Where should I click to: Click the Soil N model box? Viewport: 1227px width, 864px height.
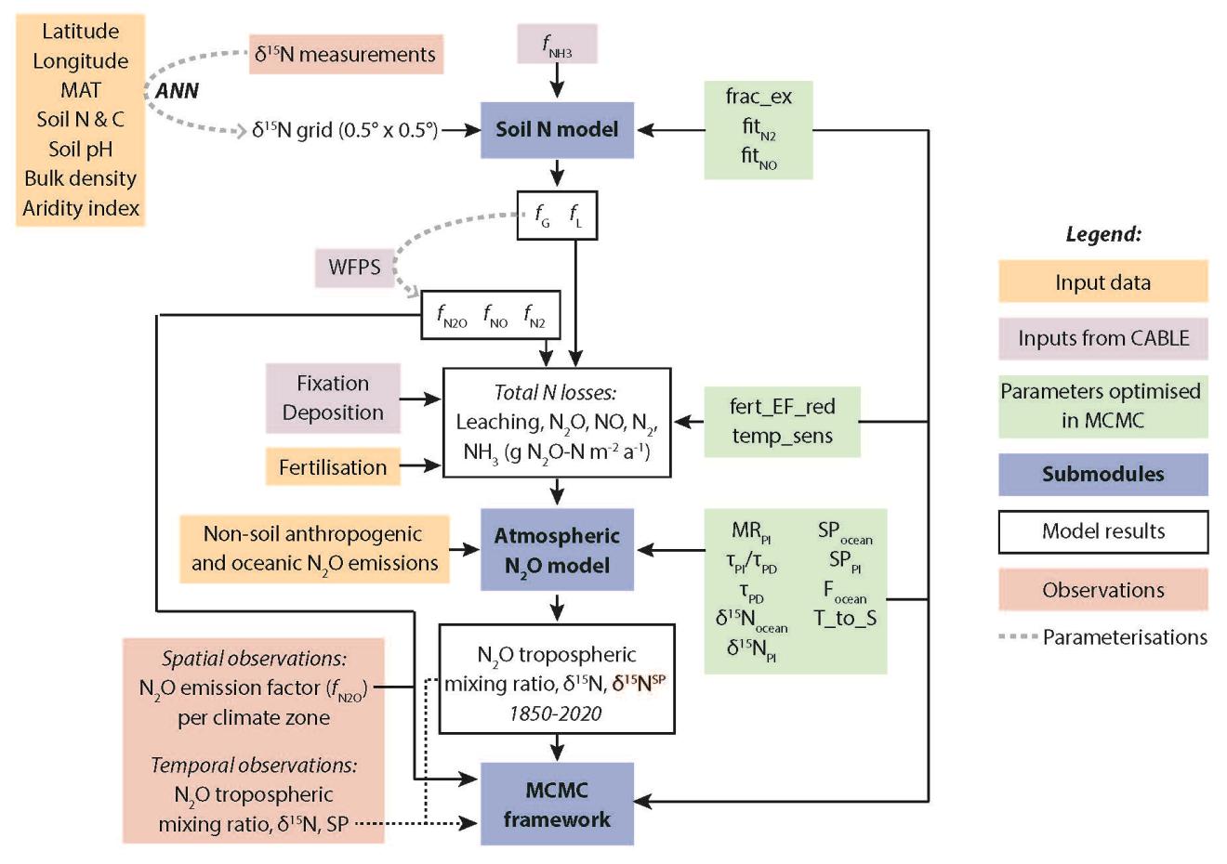(557, 130)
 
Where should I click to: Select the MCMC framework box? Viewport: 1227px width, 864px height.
(557, 805)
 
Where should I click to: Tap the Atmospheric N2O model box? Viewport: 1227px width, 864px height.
(557, 550)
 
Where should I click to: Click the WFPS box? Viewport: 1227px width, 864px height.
(354, 268)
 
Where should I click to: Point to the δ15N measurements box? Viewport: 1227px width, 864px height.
(345, 55)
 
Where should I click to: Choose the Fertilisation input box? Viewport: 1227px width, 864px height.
(333, 467)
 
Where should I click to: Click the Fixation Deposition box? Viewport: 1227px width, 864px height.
(333, 399)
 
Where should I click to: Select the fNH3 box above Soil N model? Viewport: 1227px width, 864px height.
(557, 45)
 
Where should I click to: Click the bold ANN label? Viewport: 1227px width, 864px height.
(177, 91)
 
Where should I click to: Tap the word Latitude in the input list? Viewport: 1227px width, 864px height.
(81, 32)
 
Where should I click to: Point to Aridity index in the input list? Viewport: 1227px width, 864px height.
(81, 208)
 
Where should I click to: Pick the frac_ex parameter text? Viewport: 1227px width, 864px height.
(759, 97)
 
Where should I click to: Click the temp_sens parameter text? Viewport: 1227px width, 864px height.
(782, 436)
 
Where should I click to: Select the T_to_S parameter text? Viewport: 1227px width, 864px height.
(845, 618)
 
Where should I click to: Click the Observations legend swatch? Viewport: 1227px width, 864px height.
(1103, 590)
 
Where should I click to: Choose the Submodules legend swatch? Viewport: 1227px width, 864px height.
(1103, 474)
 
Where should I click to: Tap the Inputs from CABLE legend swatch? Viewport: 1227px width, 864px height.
(1103, 338)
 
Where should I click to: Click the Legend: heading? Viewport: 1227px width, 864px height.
(1103, 235)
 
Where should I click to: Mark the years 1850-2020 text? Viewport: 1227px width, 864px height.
(556, 713)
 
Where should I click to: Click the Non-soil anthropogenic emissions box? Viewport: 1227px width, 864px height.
(314, 549)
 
